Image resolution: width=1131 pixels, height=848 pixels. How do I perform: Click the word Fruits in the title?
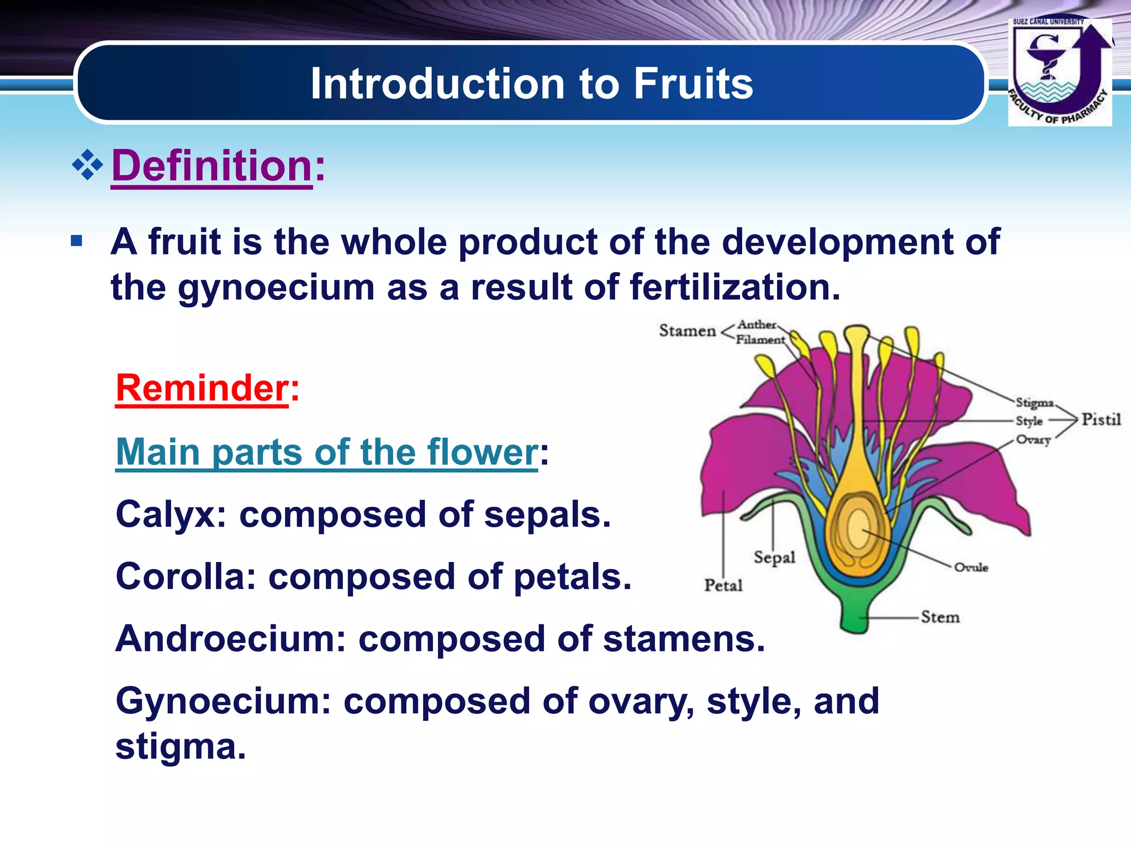point(693,84)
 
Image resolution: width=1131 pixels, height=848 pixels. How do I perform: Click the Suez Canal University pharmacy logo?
point(1059,72)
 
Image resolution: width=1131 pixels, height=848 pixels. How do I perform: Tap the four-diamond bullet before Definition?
point(87,165)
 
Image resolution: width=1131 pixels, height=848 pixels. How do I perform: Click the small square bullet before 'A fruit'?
point(77,241)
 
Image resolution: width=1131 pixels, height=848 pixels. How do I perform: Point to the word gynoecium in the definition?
point(276,288)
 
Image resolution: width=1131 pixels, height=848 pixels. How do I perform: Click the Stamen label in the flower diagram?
point(687,331)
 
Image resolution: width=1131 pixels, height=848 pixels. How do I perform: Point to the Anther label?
point(757,325)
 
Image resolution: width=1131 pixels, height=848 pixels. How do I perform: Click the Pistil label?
point(1101,420)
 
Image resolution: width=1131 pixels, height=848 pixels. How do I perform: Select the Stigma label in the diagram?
point(1034,402)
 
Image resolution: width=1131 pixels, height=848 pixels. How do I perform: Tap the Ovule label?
point(971,567)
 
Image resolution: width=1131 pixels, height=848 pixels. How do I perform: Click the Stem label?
point(940,617)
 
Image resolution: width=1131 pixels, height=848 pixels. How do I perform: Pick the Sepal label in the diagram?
point(774,557)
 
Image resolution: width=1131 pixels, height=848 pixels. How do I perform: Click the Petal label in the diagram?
point(723,585)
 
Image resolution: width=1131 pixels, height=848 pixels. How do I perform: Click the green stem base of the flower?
point(855,616)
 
